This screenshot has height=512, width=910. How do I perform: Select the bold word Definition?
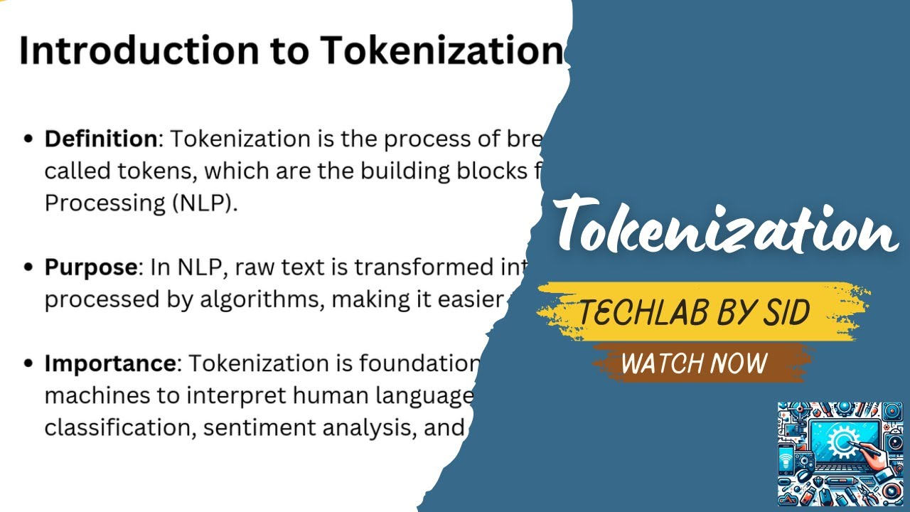coord(100,139)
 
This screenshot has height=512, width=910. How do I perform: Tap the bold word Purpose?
coord(90,267)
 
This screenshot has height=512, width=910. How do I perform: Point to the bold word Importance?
coord(109,363)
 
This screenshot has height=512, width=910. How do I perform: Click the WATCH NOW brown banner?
coord(694,363)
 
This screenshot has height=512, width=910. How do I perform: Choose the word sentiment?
coord(250,428)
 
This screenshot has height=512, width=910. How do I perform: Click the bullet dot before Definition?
coord(29,139)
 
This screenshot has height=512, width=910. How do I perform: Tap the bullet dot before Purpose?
coord(29,268)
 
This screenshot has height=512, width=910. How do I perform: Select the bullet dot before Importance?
coord(29,364)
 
